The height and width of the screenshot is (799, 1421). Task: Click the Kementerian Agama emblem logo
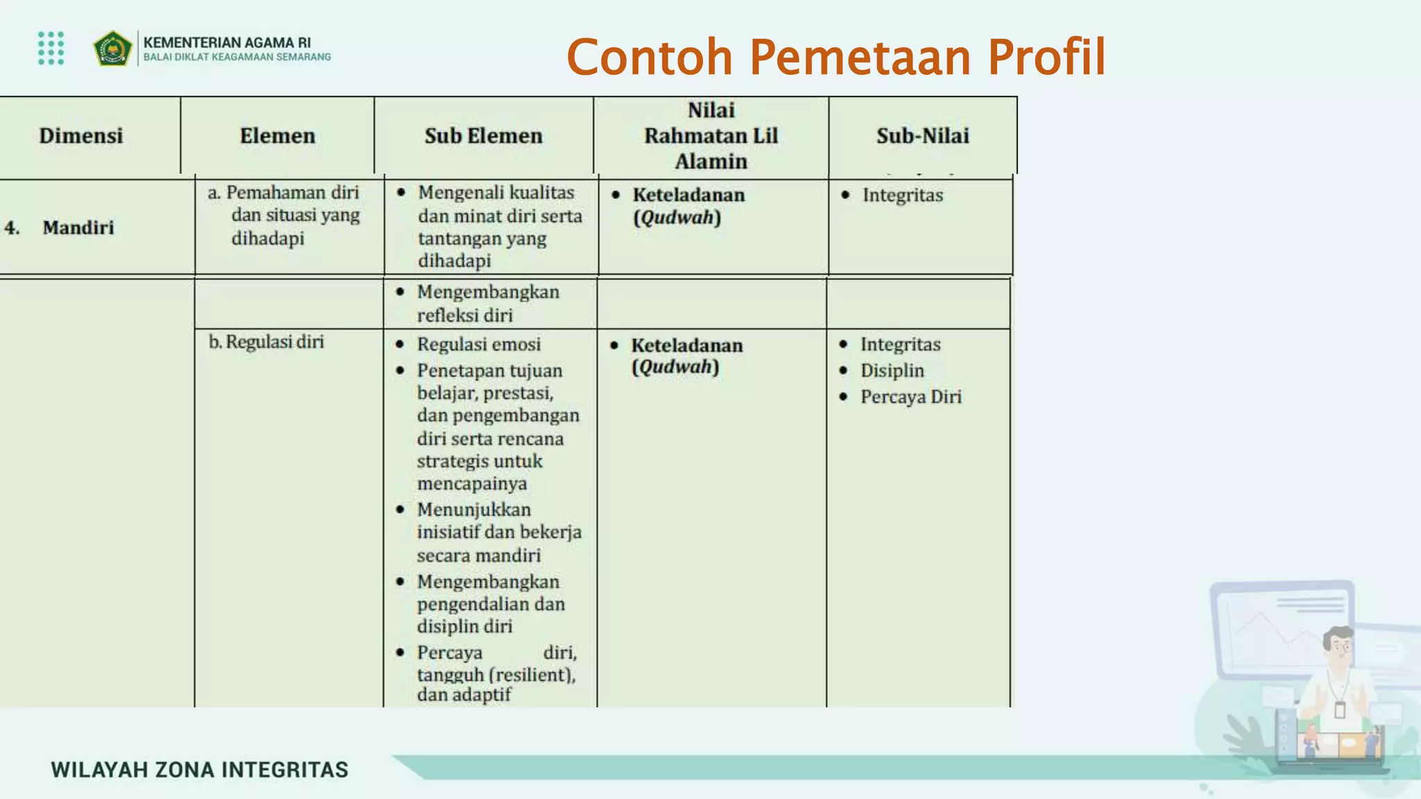point(112,49)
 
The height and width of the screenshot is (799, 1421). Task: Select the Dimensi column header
point(80,136)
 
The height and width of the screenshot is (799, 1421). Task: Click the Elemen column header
point(277,136)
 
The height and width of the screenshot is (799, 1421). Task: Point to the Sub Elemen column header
point(483,136)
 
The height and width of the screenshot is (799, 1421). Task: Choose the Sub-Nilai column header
point(922,136)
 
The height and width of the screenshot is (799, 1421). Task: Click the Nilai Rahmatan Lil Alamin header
point(710,136)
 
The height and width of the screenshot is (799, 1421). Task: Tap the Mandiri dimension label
point(78,227)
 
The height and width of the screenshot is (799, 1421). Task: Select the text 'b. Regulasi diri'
point(266,342)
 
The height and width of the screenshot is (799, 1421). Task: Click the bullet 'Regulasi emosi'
point(478,345)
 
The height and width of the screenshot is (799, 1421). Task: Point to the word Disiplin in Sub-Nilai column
point(892,371)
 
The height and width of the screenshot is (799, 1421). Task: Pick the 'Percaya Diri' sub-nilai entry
point(910,397)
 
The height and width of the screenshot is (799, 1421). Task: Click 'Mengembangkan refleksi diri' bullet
point(487,303)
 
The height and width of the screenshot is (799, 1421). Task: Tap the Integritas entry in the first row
point(902,196)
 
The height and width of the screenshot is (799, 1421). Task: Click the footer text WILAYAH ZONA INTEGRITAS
point(199,770)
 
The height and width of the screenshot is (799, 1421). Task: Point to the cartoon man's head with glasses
point(1339,646)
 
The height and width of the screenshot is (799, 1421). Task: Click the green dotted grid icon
point(51,48)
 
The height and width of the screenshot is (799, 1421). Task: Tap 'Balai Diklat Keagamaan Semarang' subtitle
point(237,58)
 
